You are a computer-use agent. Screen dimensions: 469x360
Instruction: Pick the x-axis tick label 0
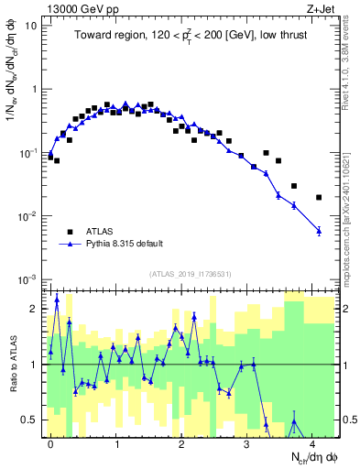[x=50, y=442]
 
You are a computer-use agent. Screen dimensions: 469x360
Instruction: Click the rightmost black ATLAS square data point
[x=319, y=197]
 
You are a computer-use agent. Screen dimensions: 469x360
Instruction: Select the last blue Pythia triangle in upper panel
[x=319, y=231]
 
